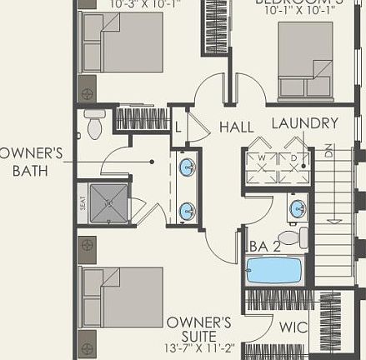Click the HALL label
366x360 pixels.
click(x=237, y=127)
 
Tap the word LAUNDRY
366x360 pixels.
click(x=305, y=124)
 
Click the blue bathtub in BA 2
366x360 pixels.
click(x=276, y=271)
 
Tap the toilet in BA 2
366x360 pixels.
click(x=289, y=237)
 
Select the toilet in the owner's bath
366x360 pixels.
click(x=94, y=126)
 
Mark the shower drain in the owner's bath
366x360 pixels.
click(x=108, y=202)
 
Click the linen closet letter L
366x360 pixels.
click(x=178, y=126)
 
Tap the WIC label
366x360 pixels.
click(x=293, y=327)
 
